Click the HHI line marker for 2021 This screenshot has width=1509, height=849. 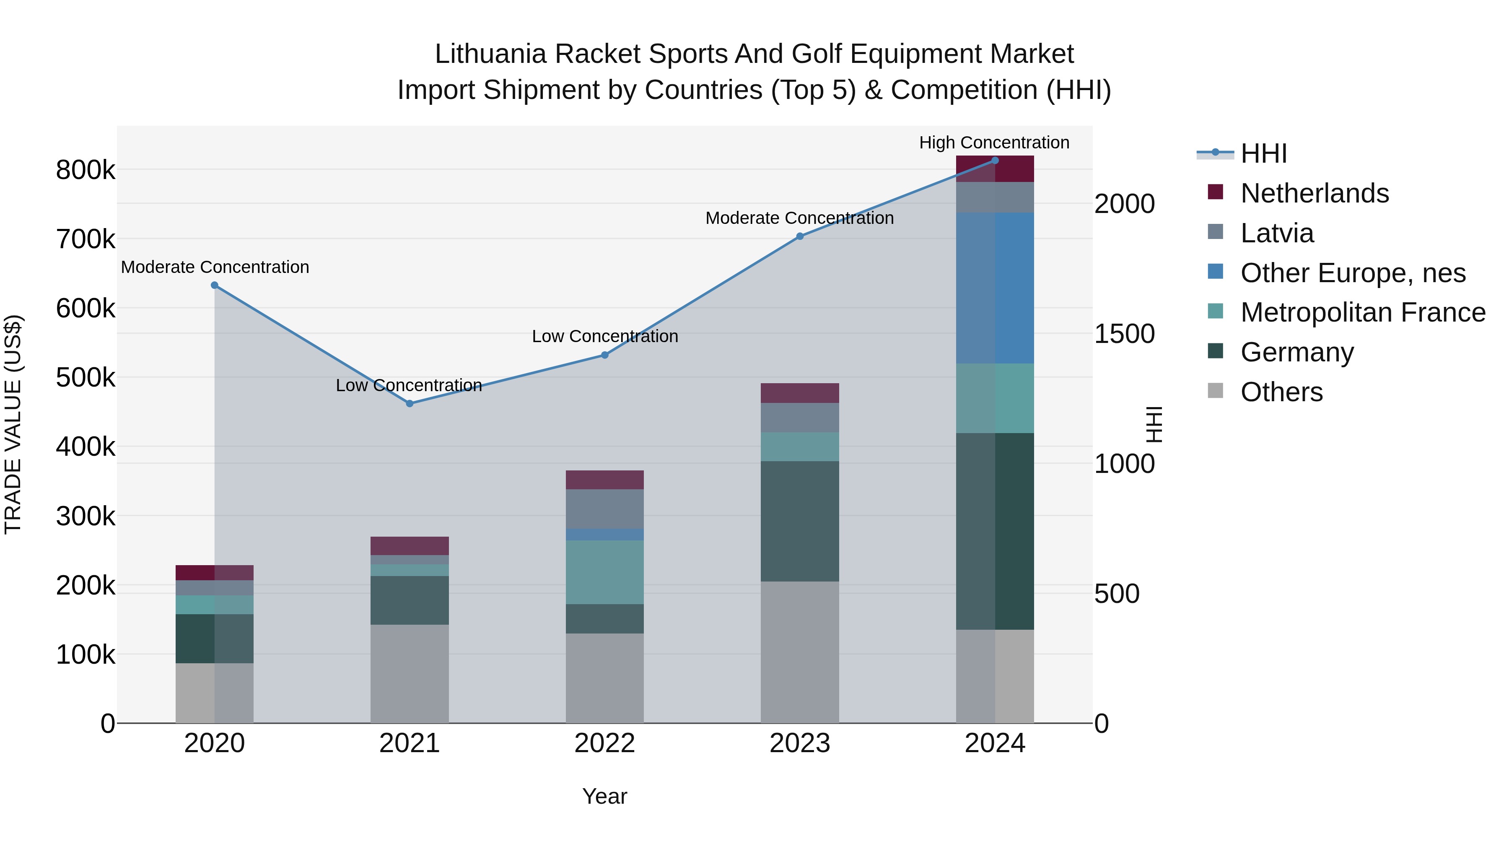point(410,404)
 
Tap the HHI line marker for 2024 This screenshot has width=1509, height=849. point(995,161)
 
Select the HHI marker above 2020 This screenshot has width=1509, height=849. point(214,286)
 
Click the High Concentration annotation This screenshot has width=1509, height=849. point(994,143)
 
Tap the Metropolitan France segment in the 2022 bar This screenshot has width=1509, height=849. point(604,572)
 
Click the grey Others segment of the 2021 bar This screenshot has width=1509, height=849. point(410,673)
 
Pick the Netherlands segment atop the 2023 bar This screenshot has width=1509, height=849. point(800,393)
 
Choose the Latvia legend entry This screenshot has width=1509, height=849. point(1277,233)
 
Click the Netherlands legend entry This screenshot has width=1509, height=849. point(1314,193)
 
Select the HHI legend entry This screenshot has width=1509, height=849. point(1263,153)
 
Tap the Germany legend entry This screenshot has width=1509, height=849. point(1296,352)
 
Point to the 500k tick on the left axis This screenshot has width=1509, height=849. point(86,378)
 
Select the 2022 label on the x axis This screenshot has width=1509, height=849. point(604,743)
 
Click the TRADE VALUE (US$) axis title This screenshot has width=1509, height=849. point(13,424)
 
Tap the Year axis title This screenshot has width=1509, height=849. point(604,796)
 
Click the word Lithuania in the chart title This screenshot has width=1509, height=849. point(490,54)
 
